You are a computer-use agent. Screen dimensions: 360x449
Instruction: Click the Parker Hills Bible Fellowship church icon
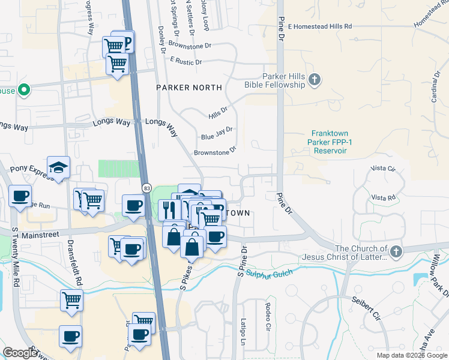click(x=314, y=80)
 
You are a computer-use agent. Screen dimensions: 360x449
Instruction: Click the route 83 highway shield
click(x=147, y=188)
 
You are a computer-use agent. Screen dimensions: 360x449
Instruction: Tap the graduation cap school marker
click(x=59, y=167)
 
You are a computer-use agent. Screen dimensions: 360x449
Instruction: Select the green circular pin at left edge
click(x=24, y=91)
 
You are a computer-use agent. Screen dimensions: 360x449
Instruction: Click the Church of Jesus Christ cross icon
click(x=395, y=253)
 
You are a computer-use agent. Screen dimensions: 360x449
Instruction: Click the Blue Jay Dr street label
click(x=216, y=133)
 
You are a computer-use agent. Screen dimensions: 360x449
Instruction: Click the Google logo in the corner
click(x=20, y=352)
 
